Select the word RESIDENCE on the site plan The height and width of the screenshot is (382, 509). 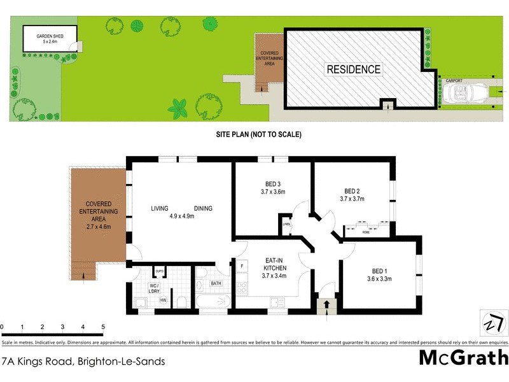pos(354,69)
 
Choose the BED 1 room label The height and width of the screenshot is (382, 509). pos(379,270)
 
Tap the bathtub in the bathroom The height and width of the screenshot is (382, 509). pos(213,301)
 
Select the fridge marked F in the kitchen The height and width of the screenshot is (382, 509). pos(242,265)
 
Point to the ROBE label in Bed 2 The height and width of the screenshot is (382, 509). pos(366,232)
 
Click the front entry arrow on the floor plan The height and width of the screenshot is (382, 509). pos(327,306)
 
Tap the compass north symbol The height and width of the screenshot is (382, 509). pos(491,323)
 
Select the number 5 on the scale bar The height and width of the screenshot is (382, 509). pos(103,327)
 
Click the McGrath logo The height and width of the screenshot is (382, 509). pos(463,358)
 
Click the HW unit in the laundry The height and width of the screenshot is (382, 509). pos(164,301)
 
